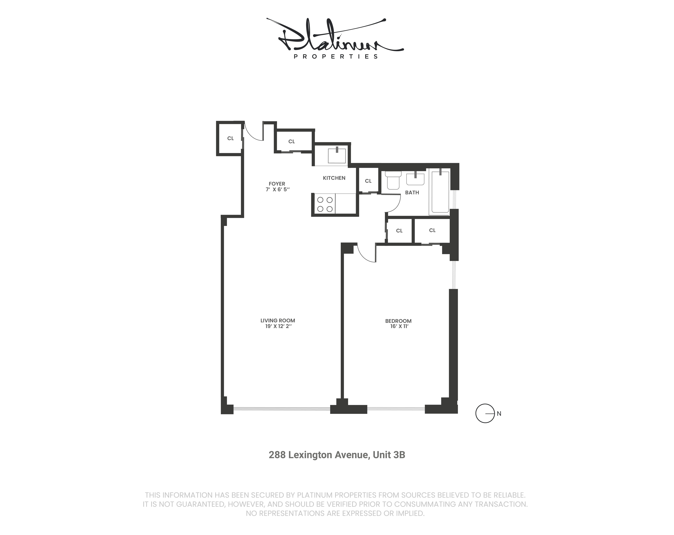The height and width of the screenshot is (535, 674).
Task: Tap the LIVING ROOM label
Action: pyautogui.click(x=278, y=320)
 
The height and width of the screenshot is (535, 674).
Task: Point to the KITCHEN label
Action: pyautogui.click(x=334, y=178)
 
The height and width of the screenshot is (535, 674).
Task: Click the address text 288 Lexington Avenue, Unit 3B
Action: pyautogui.click(x=337, y=455)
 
